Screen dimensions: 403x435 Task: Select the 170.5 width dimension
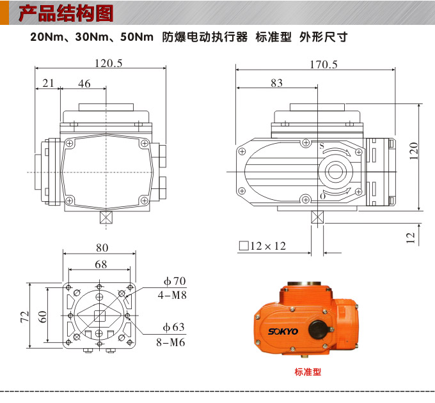pyautogui.click(x=323, y=65)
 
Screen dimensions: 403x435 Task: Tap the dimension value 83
pyautogui.click(x=276, y=83)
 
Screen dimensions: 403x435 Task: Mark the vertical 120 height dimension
pyautogui.click(x=414, y=151)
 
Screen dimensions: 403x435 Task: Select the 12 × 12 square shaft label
pyautogui.click(x=262, y=246)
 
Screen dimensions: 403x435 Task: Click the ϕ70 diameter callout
pyautogui.click(x=174, y=281)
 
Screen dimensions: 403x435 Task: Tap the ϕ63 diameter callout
pyautogui.click(x=173, y=328)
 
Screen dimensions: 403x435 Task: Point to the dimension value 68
pyautogui.click(x=101, y=264)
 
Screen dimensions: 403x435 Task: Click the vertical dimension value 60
pyautogui.click(x=42, y=316)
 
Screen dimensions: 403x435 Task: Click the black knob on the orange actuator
pyautogui.click(x=318, y=329)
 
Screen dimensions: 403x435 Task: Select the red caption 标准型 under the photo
pyautogui.click(x=308, y=372)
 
